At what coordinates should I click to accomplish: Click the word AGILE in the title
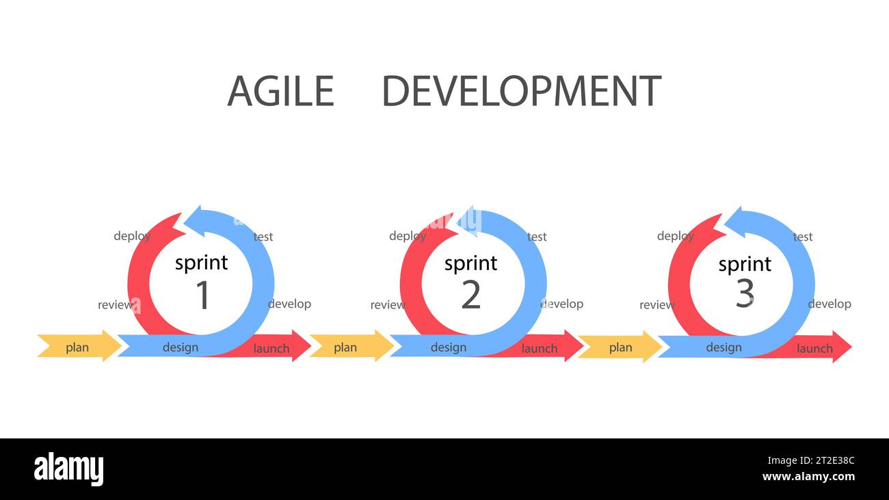(280, 91)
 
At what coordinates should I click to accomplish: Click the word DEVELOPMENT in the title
(521, 91)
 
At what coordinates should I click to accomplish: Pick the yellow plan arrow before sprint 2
(346, 347)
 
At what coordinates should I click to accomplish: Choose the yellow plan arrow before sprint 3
(620, 347)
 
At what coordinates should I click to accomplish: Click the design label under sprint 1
(181, 347)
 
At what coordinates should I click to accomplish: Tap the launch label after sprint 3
(814, 348)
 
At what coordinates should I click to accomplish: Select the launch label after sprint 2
(540, 348)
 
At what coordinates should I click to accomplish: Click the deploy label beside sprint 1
(132, 236)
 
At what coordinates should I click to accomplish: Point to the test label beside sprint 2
(537, 237)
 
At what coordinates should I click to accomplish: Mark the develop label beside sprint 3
(830, 304)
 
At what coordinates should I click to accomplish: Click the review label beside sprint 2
(388, 304)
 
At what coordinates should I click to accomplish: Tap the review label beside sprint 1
(116, 304)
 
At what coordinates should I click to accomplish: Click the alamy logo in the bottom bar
(68, 469)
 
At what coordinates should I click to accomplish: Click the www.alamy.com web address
(808, 477)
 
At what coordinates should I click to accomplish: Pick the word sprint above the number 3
(745, 264)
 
